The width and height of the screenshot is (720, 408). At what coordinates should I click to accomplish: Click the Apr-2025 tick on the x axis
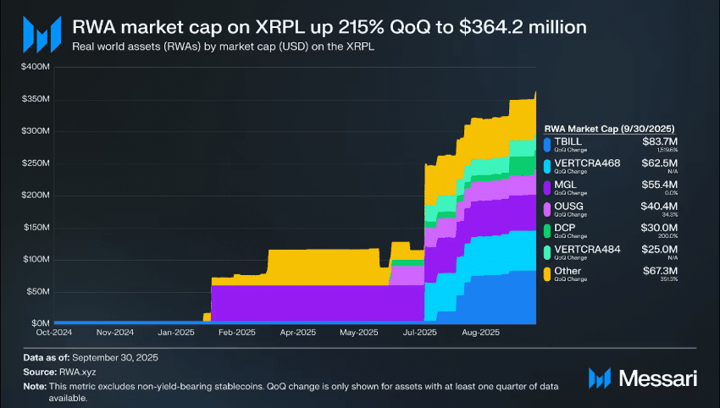(x=296, y=334)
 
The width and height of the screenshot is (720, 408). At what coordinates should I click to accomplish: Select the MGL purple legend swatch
(x=548, y=185)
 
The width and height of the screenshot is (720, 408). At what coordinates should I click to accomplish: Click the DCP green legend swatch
(x=548, y=229)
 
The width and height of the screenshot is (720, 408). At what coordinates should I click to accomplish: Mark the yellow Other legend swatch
(x=548, y=273)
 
